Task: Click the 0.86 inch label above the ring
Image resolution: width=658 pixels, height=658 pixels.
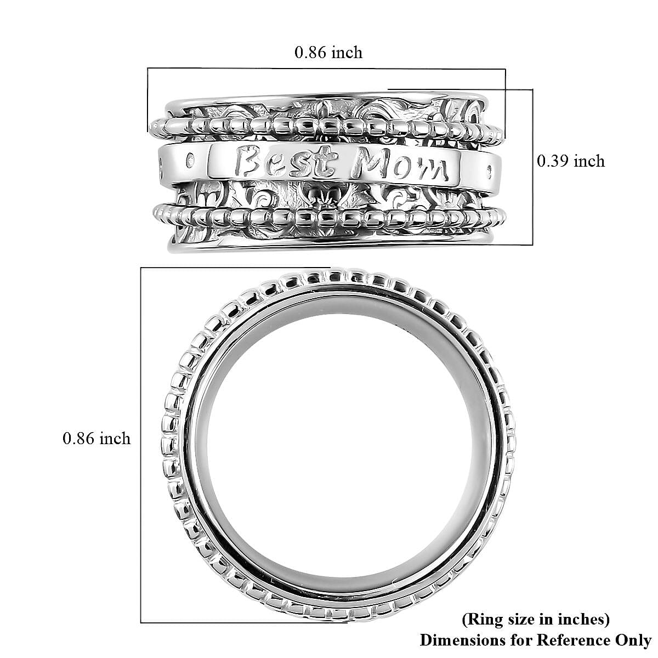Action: point(328,52)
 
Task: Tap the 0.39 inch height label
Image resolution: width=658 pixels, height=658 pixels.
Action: point(570,161)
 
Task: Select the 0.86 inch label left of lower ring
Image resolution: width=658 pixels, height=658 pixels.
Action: point(97,438)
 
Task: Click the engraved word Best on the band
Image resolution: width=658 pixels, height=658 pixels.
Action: point(288,162)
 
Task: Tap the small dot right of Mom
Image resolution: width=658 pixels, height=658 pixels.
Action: point(489,171)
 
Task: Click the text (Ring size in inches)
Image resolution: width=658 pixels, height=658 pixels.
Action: point(536,620)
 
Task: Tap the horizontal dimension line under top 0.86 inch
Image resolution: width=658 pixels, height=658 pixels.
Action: point(326,69)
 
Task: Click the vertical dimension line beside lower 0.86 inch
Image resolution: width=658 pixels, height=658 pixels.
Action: point(141,439)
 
